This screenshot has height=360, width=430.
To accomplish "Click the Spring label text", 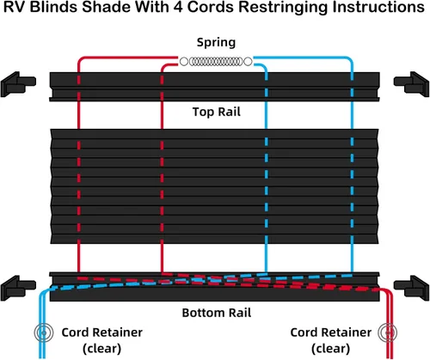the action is [216, 43].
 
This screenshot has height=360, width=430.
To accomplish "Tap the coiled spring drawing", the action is [216, 61].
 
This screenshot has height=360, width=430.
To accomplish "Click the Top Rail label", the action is [217, 112].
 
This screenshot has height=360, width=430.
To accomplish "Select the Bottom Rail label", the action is [217, 313].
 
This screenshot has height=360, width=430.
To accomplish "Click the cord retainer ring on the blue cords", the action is [44, 333].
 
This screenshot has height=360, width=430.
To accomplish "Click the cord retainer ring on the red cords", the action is [388, 333].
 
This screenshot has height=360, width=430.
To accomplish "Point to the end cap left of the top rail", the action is [18, 84].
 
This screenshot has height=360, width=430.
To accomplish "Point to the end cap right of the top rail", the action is [411, 84].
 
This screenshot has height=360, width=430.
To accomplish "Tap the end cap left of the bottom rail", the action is [18, 288].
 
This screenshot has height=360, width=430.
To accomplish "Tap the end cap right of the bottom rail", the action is [411, 288].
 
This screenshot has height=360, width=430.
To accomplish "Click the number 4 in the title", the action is [178, 7].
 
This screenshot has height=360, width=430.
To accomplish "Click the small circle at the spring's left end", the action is [184, 61].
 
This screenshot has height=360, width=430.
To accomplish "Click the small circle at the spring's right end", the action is [248, 61].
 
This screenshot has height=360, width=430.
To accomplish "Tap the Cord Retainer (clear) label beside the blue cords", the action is [102, 340].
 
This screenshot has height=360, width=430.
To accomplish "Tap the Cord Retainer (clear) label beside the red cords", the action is [331, 340].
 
